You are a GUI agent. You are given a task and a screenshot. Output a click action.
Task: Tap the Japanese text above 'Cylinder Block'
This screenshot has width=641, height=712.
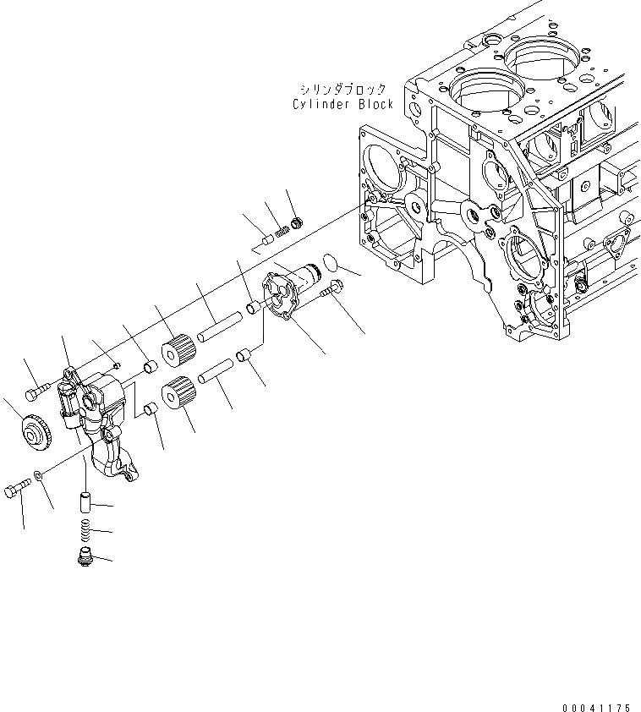click(x=342, y=89)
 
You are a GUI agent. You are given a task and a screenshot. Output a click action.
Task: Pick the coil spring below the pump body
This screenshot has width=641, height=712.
click(x=85, y=531)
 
